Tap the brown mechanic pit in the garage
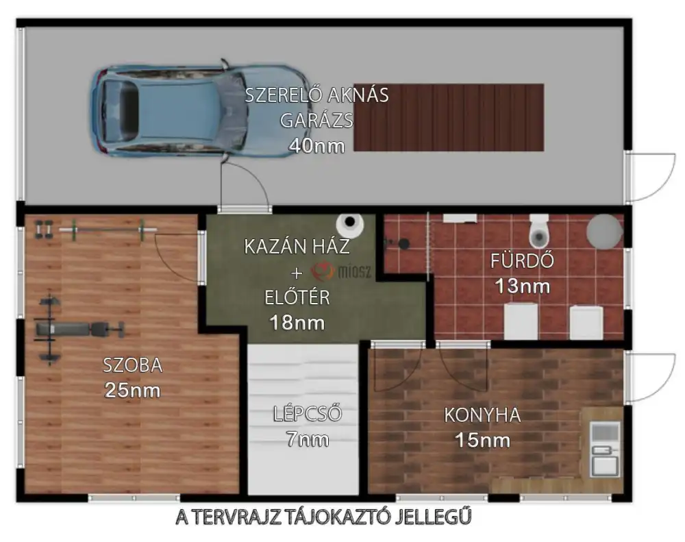click(449, 118)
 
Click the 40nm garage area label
click(316, 146)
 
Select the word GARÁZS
click(316, 120)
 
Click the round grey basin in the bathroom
click(604, 231)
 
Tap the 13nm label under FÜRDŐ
click(523, 286)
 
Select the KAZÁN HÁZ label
click(297, 247)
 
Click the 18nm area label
click(297, 323)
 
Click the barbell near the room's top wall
click(108, 230)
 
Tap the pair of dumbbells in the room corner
click(44, 230)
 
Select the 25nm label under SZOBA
click(132, 391)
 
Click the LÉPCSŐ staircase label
click(307, 414)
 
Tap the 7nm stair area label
click(307, 439)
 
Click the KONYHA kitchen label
click(483, 415)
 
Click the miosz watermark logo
click(341, 272)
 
